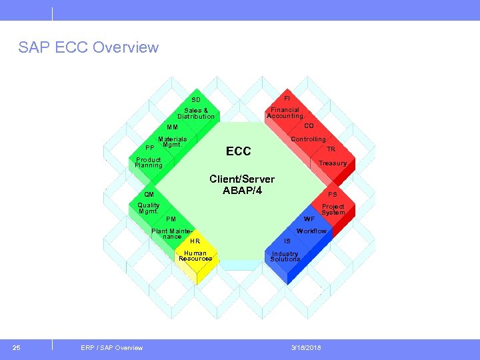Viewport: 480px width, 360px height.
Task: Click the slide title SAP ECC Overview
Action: point(89,47)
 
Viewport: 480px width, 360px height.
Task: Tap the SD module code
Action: point(196,100)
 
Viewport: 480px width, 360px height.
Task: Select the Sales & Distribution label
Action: point(196,113)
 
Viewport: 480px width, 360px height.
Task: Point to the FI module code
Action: point(287,98)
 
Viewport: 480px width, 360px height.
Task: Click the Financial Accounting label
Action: point(285,113)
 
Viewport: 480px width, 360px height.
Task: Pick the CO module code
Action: point(309,125)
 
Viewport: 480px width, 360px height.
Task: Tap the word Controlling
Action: point(308,139)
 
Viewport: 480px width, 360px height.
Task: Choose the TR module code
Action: point(331,149)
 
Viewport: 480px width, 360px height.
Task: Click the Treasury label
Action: point(332,163)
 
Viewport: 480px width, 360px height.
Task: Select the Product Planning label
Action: point(149,163)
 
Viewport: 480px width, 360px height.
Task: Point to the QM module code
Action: point(140,195)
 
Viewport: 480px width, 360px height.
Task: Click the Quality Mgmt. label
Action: point(148,208)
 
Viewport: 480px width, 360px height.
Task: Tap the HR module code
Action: point(195,241)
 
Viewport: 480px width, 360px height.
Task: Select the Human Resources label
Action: point(195,256)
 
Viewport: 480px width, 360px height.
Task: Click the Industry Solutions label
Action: point(285,257)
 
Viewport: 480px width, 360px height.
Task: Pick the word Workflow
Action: point(311,231)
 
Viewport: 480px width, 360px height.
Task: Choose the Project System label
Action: point(333,209)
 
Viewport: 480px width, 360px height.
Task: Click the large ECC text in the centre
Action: point(238,151)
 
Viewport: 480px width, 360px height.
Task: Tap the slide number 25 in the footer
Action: point(17,347)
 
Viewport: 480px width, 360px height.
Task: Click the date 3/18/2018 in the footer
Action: point(306,347)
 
